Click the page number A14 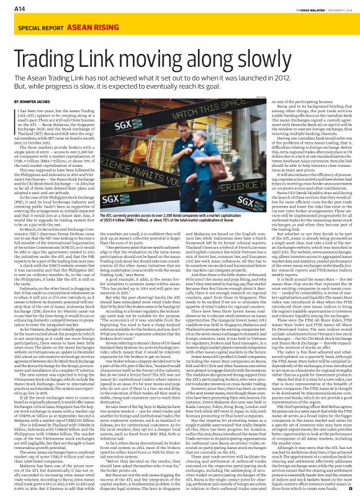click(x=12, y=9)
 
